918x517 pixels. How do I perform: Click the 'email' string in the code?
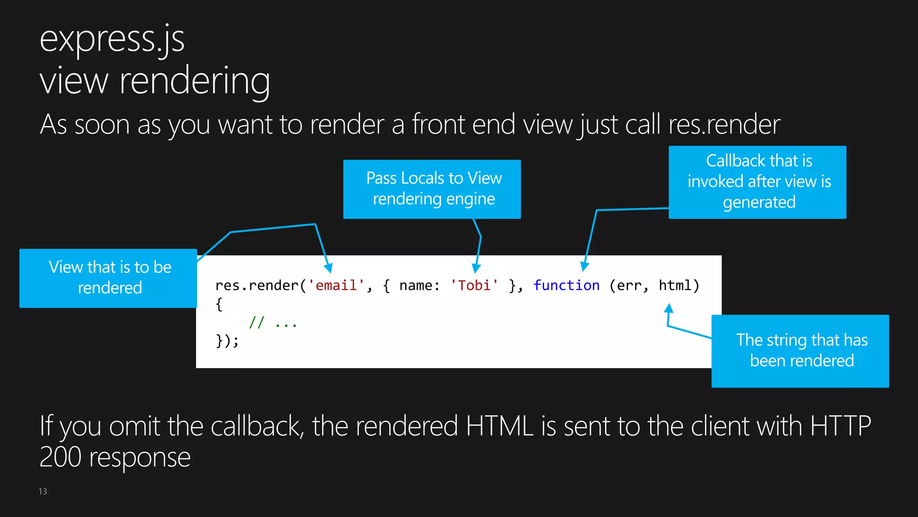click(x=336, y=285)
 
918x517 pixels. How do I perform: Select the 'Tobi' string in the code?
click(x=474, y=285)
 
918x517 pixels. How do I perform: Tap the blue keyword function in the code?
click(x=566, y=285)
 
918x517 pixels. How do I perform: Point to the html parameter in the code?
click(x=675, y=285)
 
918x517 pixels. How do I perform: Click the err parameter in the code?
click(x=628, y=285)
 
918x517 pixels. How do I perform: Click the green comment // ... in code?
click(x=273, y=323)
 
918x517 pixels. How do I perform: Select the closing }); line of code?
click(x=227, y=341)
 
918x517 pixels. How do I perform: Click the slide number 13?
click(x=43, y=491)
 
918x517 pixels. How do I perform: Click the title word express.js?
click(x=112, y=39)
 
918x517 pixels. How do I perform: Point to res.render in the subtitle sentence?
click(x=724, y=125)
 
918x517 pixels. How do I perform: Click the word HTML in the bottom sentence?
click(x=499, y=426)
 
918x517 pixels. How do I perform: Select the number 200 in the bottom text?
click(x=61, y=457)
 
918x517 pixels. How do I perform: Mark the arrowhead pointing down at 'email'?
click(x=329, y=268)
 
